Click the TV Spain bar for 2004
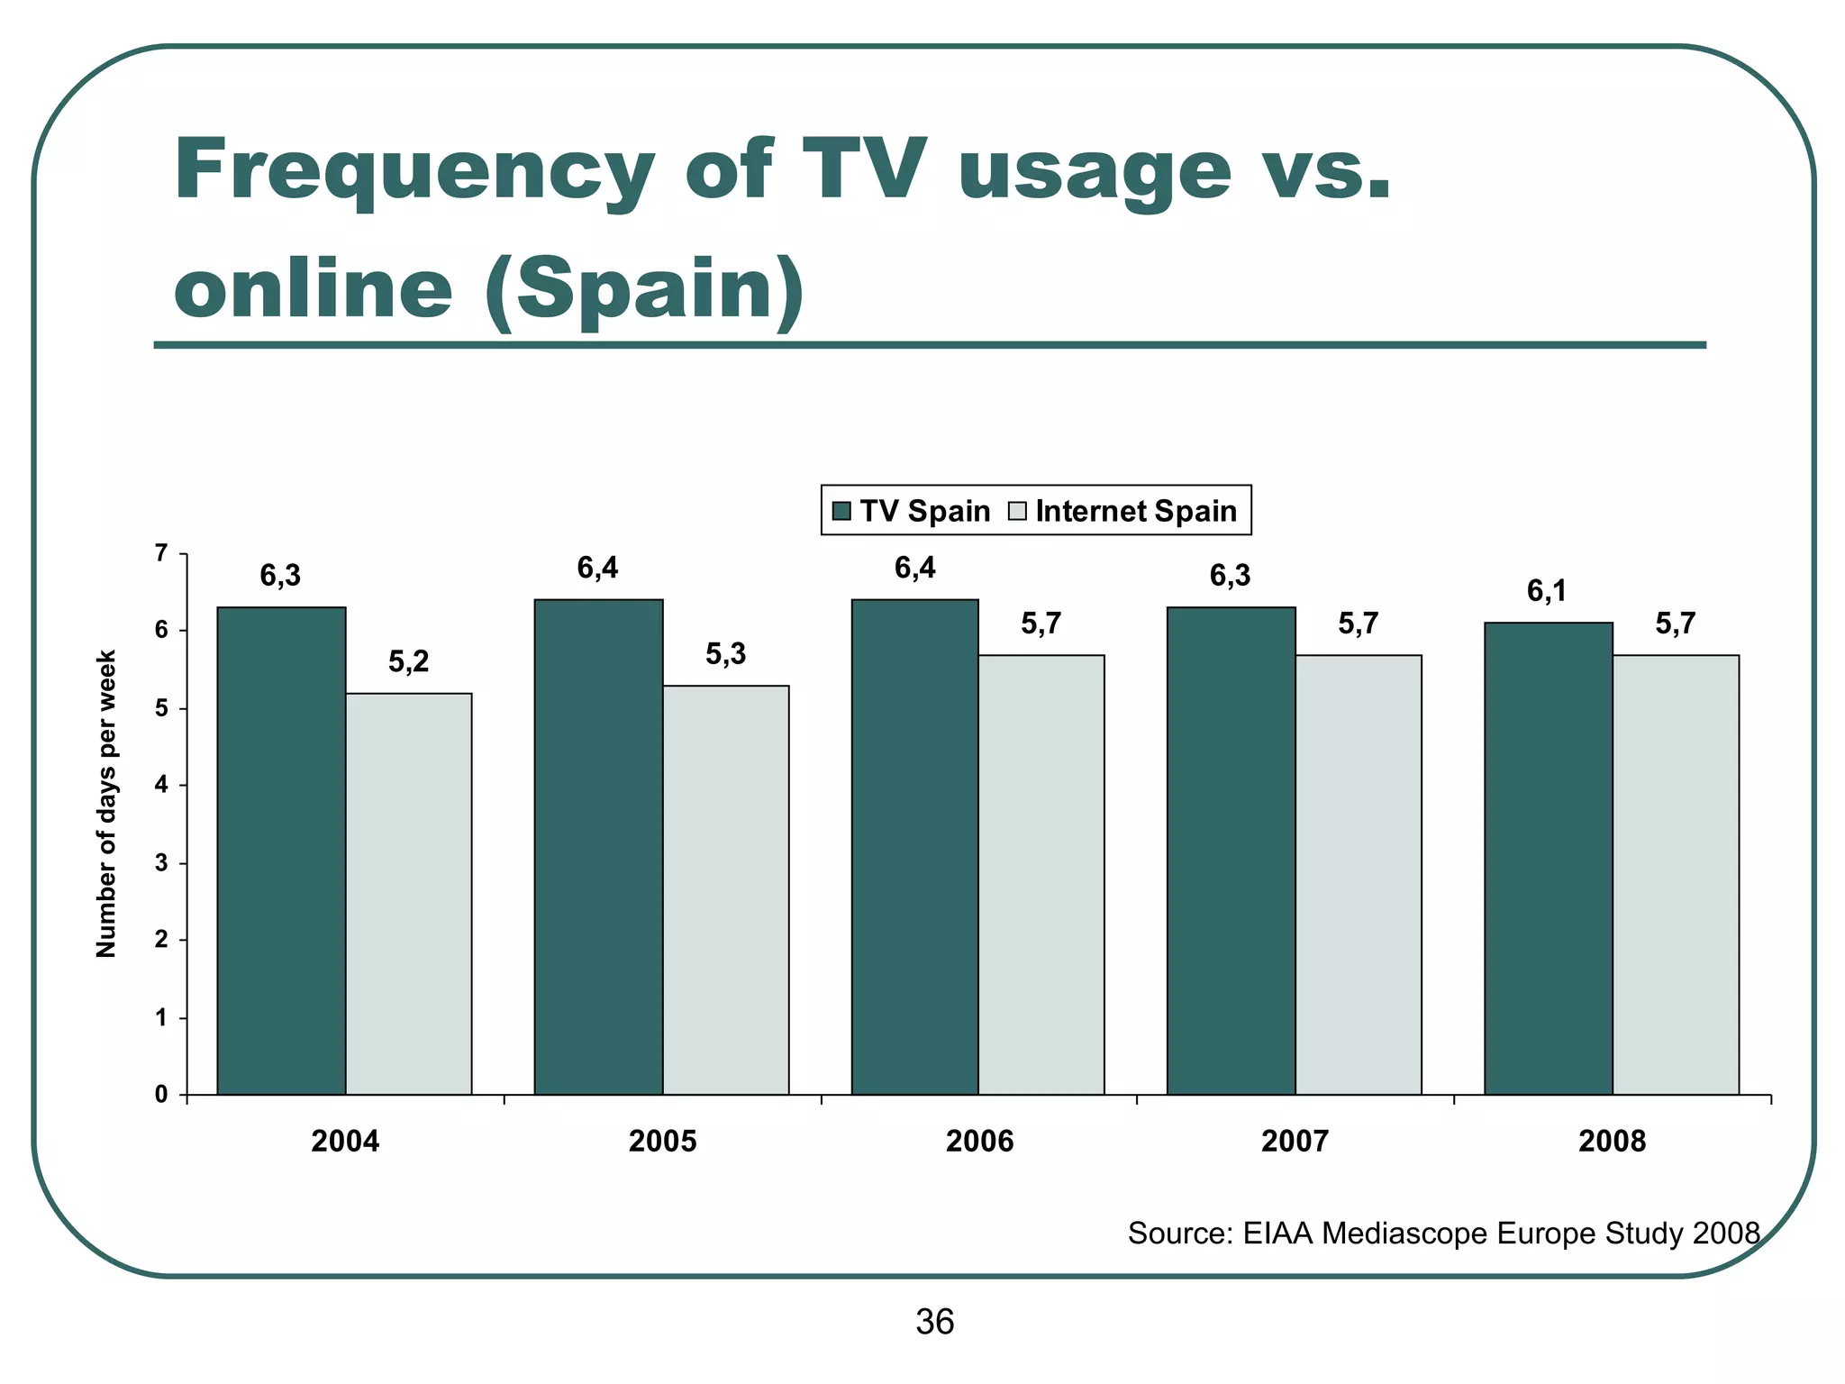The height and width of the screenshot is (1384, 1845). pos(281,851)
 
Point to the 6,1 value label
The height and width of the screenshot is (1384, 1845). pos(1546,591)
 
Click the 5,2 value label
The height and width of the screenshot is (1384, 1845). pos(409,662)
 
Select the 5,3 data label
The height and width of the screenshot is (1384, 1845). pos(725,655)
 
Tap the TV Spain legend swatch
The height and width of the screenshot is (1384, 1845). pos(842,512)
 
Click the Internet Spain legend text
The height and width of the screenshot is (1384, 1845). pos(1136,511)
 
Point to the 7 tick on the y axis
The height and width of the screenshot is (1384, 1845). pos(161,552)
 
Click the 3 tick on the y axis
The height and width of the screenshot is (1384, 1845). pos(161,863)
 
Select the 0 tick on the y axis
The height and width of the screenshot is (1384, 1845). pos(161,1095)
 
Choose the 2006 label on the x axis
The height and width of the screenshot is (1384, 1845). pos(979,1142)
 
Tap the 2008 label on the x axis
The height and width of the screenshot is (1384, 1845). pos(1612,1142)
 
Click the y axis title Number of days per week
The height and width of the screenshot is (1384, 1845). pos(106,804)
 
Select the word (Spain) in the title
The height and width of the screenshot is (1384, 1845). pos(643,290)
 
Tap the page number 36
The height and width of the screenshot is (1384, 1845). pos(934,1322)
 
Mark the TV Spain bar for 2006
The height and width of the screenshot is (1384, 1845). pos(914,847)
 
